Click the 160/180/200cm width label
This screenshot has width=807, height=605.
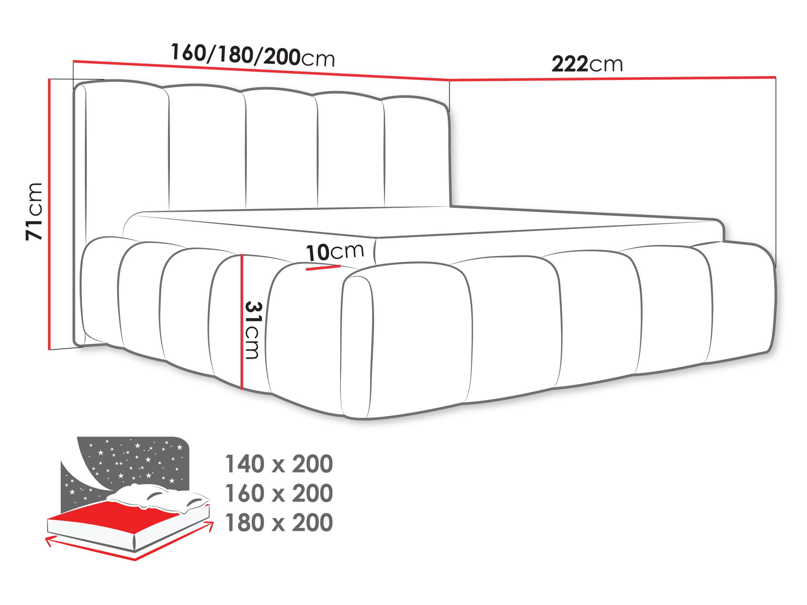tap(253, 55)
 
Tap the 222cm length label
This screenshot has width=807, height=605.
tap(587, 64)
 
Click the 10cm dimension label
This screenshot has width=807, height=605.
tap(334, 252)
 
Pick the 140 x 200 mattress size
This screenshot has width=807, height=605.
tap(279, 464)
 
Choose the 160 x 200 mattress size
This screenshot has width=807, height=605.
tap(279, 493)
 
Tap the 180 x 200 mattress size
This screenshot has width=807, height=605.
tap(279, 522)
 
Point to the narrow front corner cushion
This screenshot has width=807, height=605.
tap(357, 346)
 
